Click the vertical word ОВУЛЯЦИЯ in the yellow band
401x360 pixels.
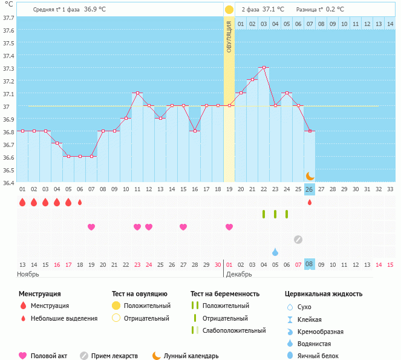click(229, 36)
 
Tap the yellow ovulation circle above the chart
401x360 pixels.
click(229, 10)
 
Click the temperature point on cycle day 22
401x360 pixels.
click(263, 68)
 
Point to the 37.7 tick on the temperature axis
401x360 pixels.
click(9, 18)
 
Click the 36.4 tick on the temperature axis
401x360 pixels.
click(9, 182)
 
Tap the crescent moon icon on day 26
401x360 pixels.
click(310, 175)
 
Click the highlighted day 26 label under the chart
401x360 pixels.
click(309, 189)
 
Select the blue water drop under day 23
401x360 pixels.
click(275, 252)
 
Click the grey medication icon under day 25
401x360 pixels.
click(298, 239)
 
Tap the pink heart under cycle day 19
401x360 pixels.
click(229, 227)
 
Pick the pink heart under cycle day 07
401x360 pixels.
click(91, 227)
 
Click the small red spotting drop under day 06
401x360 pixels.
click(80, 202)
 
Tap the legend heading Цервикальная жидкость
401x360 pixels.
click(324, 293)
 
